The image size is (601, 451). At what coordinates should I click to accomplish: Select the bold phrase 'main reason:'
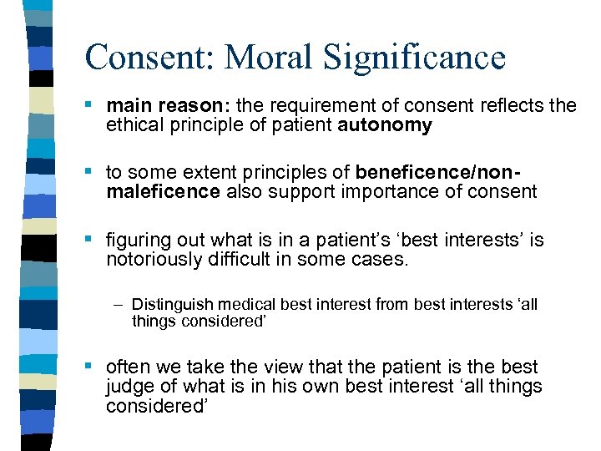[169, 105]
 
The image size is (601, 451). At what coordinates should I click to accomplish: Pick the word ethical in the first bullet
[134, 125]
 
